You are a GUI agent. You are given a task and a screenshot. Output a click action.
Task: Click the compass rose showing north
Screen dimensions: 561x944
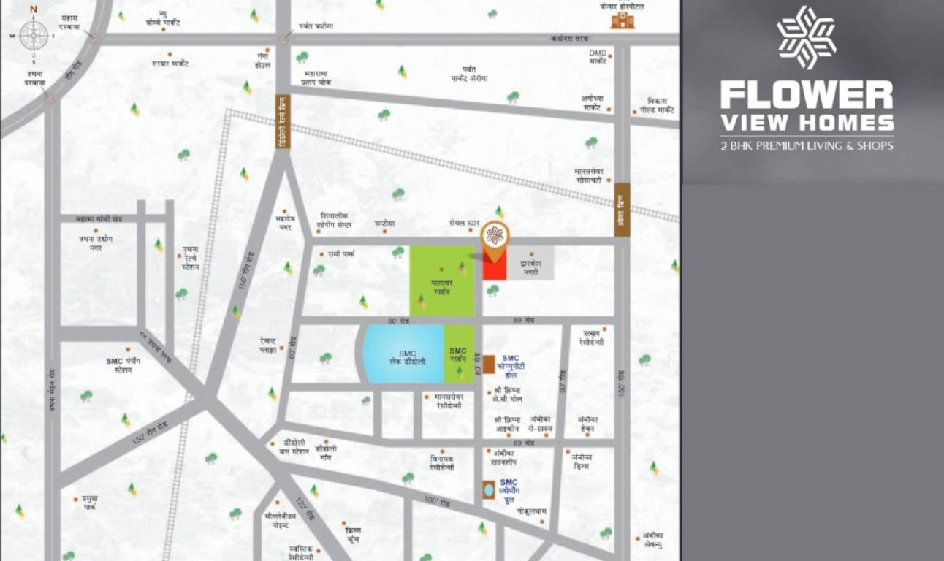[34, 35]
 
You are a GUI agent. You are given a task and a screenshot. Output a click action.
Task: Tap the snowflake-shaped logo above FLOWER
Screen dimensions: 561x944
[806, 37]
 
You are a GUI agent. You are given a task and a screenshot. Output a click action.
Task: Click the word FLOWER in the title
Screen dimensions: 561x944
[806, 96]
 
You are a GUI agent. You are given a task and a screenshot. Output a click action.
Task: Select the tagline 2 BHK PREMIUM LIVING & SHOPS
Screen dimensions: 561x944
[806, 146]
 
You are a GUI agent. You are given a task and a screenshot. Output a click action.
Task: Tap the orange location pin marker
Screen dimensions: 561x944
[495, 239]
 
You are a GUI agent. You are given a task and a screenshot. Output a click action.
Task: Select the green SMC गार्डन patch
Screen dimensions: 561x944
[459, 354]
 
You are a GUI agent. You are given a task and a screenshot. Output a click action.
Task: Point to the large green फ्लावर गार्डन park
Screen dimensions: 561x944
[441, 280]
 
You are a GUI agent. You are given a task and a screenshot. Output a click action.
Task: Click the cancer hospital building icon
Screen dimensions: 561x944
[623, 19]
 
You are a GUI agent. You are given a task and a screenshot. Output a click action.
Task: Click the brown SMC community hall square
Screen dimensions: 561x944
[488, 365]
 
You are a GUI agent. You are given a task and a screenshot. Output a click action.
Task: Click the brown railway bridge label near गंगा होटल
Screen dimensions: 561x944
[283, 122]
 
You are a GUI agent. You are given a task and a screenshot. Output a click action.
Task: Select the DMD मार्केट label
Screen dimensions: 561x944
[598, 57]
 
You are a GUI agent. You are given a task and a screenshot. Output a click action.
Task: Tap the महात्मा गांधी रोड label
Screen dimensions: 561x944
[102, 218]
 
